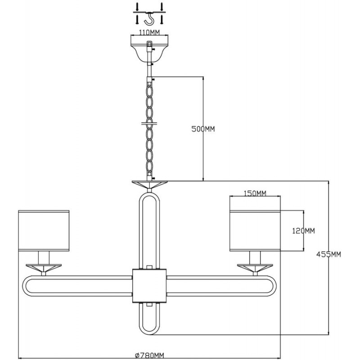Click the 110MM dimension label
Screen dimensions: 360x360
(149, 32)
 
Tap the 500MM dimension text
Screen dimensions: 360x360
(203, 129)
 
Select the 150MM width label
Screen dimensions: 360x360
(255, 193)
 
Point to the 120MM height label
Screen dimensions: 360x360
(303, 230)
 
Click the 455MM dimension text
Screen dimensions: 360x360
(328, 254)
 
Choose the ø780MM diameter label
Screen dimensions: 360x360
(150, 356)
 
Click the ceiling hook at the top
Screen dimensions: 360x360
(149, 18)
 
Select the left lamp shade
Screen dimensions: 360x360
(44, 230)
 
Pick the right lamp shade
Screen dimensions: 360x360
(255, 230)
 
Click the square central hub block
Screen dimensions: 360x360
(149, 286)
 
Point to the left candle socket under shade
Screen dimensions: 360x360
(44, 257)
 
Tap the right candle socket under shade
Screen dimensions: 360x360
(255, 257)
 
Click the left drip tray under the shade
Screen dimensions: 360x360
(44, 268)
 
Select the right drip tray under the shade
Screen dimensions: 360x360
(255, 268)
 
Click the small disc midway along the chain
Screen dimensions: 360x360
(149, 123)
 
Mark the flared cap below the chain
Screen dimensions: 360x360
(149, 184)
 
